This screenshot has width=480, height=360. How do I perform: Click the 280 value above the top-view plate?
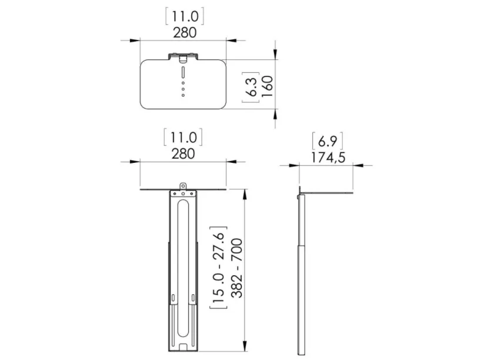(x=185, y=32)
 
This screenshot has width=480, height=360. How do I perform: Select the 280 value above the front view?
(x=183, y=154)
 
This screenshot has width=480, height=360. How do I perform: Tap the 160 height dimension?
(x=267, y=86)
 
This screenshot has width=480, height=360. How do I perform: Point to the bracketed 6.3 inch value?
(x=251, y=87)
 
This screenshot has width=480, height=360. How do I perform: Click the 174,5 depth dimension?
(x=328, y=158)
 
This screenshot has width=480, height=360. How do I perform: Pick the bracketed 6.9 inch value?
(x=328, y=141)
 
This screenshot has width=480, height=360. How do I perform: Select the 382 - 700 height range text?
(x=236, y=268)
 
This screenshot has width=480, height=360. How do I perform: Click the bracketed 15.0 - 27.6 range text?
(x=219, y=268)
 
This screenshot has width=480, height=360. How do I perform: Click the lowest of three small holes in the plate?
(x=183, y=95)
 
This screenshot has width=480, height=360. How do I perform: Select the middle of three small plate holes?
(x=183, y=89)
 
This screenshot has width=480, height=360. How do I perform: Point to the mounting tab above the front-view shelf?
(x=183, y=186)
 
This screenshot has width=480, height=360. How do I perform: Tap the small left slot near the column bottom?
(x=174, y=298)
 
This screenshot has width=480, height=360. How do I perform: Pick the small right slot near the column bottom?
(x=193, y=298)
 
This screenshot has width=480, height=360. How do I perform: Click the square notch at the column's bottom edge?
(x=183, y=347)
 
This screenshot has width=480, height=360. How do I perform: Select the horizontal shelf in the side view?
(x=326, y=193)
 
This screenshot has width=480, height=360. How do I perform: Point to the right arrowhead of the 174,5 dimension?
(x=358, y=165)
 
